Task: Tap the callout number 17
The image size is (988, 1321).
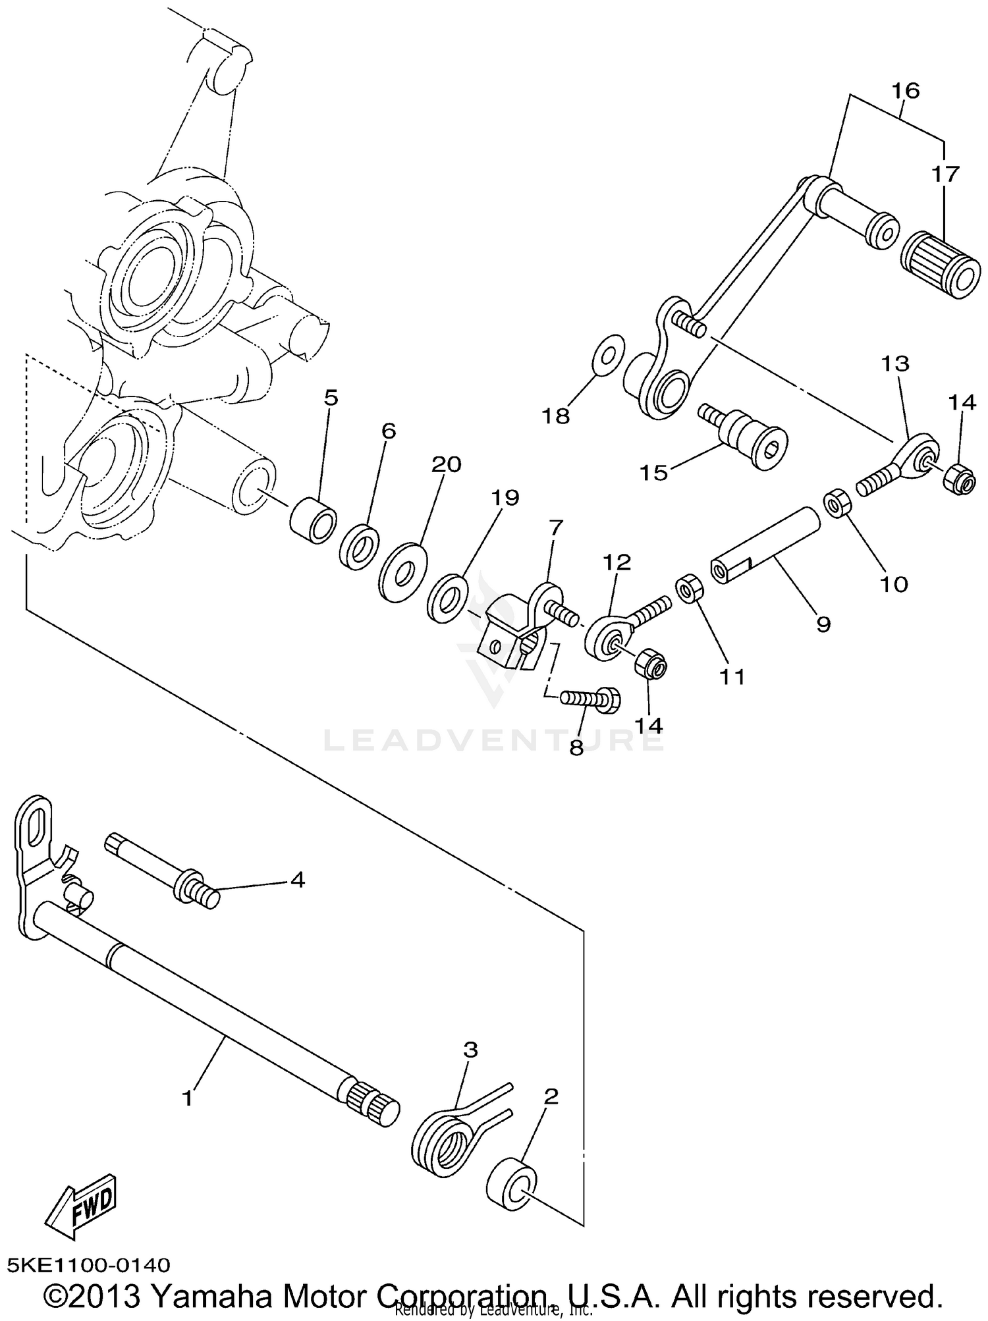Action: click(x=945, y=174)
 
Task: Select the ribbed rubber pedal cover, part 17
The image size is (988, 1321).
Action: click(x=939, y=265)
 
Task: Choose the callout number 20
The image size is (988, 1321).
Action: click(x=446, y=464)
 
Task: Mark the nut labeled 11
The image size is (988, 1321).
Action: click(x=688, y=588)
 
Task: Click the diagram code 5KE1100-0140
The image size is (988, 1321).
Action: click(x=88, y=1265)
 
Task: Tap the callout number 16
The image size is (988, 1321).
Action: click(x=905, y=90)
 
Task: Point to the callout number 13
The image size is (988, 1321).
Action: click(x=895, y=364)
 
